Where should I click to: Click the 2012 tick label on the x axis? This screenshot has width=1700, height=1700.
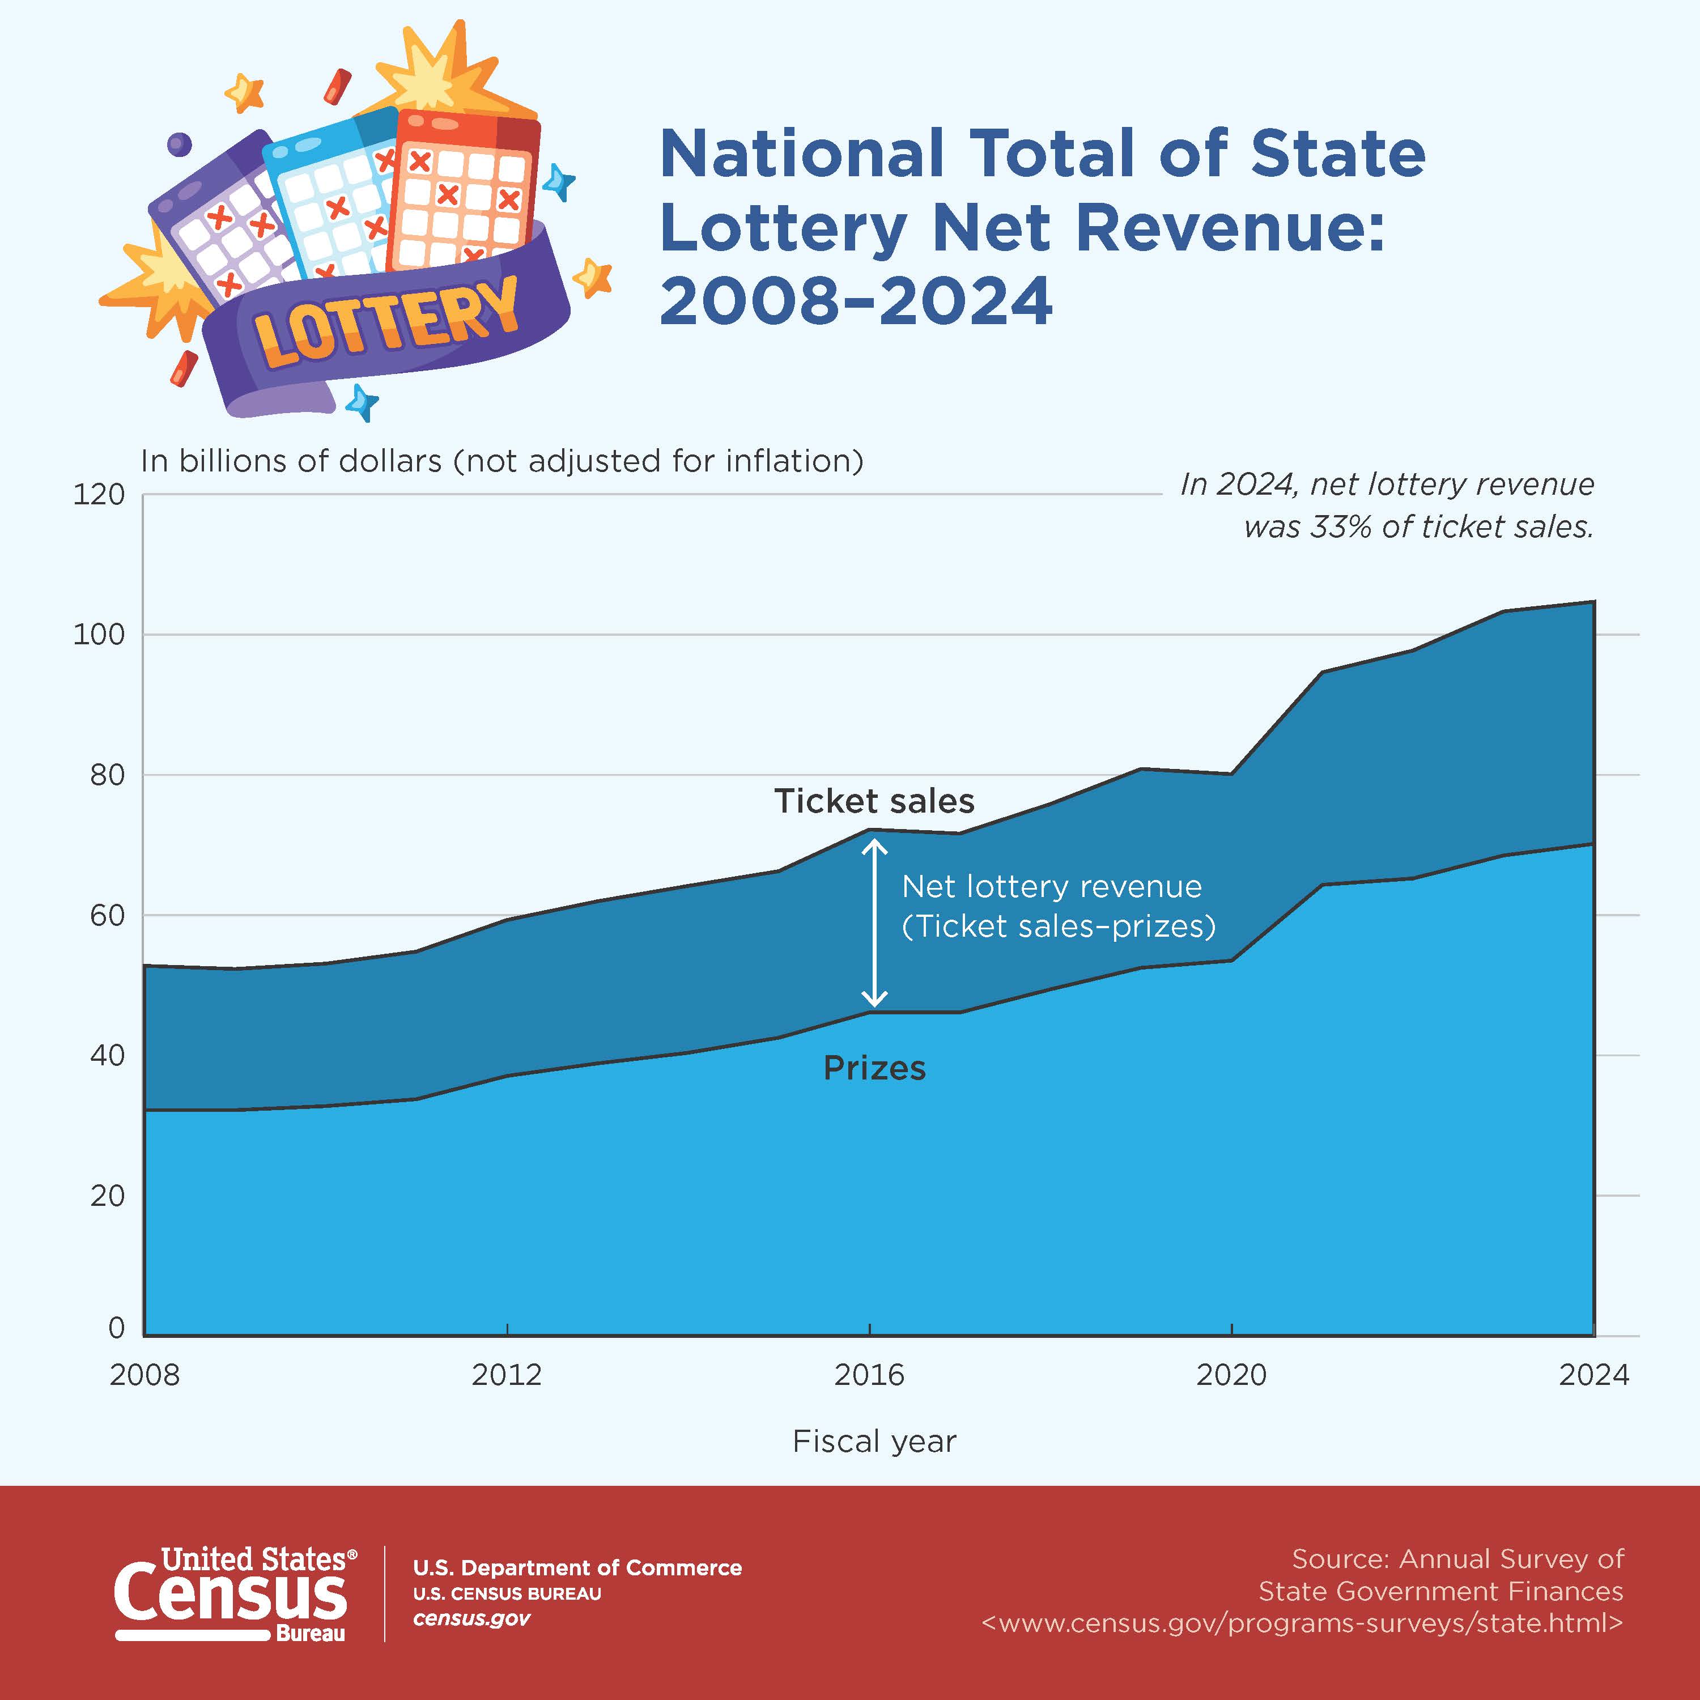coord(506,1374)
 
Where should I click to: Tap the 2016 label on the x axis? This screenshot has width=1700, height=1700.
coord(869,1374)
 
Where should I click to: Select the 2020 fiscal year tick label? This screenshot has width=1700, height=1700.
coord(1231,1374)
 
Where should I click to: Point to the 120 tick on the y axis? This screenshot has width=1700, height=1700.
coord(99,495)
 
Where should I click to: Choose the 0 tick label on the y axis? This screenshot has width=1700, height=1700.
coord(116,1328)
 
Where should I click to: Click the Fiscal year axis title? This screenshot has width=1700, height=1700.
coord(874,1441)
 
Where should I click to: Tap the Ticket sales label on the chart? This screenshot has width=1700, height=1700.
coord(874,801)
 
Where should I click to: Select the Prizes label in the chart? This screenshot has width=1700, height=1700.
coord(874,1068)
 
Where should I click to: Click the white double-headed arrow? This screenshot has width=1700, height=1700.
coord(874,922)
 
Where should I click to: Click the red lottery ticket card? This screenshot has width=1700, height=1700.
coord(462,194)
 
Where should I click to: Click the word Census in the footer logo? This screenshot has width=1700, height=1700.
coord(231,1595)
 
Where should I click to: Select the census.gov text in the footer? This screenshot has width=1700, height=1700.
coord(471,1619)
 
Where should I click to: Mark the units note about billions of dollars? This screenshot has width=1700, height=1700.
coord(501,461)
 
